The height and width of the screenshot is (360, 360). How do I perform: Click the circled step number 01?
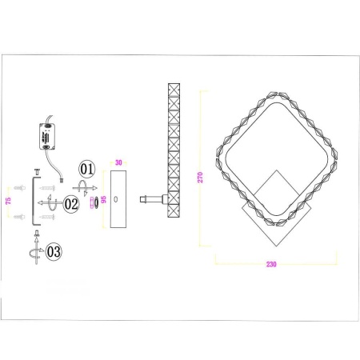point(86,169)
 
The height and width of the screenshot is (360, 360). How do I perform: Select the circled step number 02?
point(71,204)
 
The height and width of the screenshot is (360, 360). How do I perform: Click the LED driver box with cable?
point(46,136)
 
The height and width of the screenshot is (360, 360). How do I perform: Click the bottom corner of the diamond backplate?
point(274,246)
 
